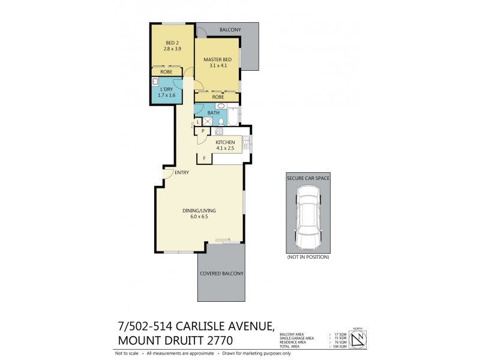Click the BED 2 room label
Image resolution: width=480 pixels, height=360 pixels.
pyautogui.click(x=172, y=46)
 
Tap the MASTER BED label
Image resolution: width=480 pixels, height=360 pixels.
pyautogui.click(x=216, y=62)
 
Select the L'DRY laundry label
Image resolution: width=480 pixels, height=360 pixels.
pyautogui.click(x=166, y=92)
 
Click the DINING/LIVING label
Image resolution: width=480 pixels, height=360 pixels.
pyautogui.click(x=199, y=214)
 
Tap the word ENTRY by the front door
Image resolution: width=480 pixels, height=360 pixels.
pyautogui.click(x=181, y=173)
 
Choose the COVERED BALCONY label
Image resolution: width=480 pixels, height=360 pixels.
pyautogui.click(x=221, y=274)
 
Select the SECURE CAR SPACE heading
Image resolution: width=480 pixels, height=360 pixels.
pyautogui.click(x=308, y=178)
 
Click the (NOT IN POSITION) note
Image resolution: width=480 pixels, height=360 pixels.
pyautogui.click(x=308, y=257)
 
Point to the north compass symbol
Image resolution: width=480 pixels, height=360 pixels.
pyautogui.click(x=358, y=340)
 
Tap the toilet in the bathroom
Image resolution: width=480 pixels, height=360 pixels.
pyautogui.click(x=221, y=122)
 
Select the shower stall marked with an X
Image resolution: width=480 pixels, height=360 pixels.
pyautogui.click(x=208, y=122)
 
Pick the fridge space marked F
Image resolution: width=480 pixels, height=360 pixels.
pyautogui.click(x=205, y=158)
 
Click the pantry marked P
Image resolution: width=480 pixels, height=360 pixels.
pyautogui.click(x=203, y=131)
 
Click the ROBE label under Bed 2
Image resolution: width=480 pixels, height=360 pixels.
pyautogui.click(x=166, y=72)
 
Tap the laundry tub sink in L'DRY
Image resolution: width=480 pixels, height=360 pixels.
pyautogui.click(x=155, y=82)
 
